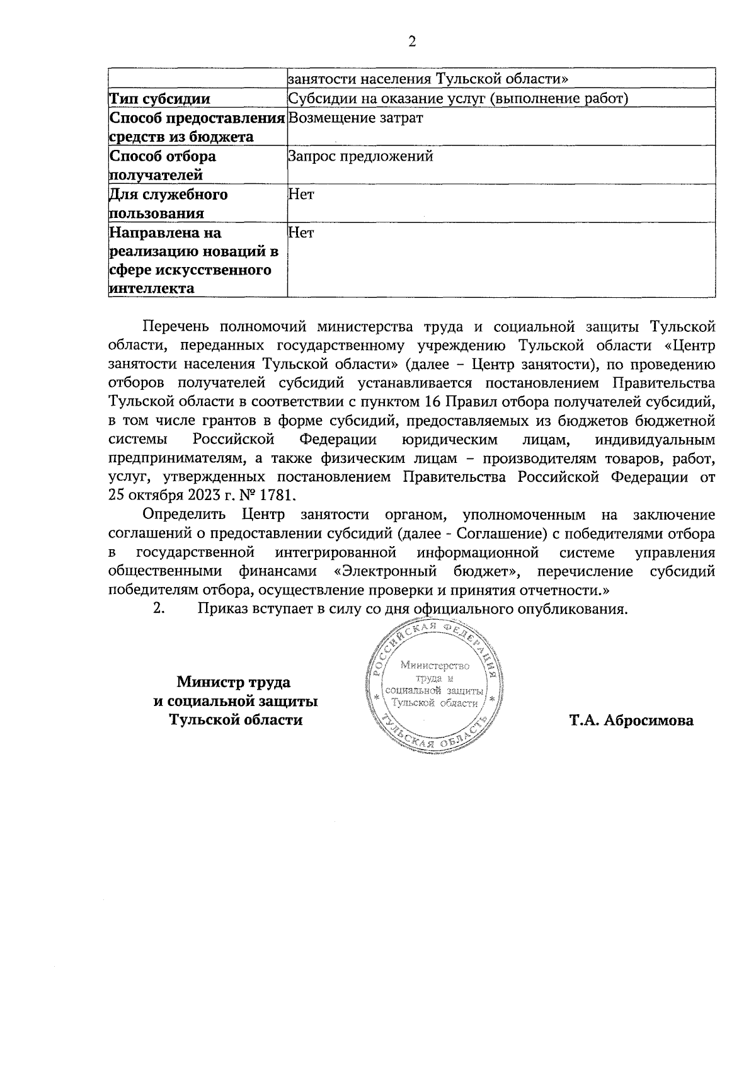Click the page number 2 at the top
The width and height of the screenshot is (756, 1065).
(412, 42)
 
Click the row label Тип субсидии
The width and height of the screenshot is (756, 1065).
(159, 99)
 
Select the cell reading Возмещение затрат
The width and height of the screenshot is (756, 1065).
(355, 118)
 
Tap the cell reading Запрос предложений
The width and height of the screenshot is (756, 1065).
(360, 156)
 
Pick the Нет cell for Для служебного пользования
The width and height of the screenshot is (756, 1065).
(301, 195)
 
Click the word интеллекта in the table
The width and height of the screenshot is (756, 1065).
(151, 289)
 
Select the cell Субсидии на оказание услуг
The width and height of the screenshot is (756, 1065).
(458, 99)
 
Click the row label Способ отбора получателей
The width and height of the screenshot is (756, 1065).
(163, 165)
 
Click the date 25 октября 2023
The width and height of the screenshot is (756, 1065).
(165, 495)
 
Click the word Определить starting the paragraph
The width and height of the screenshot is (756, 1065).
(183, 515)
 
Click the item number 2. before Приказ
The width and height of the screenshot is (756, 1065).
(159, 609)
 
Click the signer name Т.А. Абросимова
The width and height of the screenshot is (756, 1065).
(631, 720)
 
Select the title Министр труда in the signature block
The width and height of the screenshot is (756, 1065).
(234, 682)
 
